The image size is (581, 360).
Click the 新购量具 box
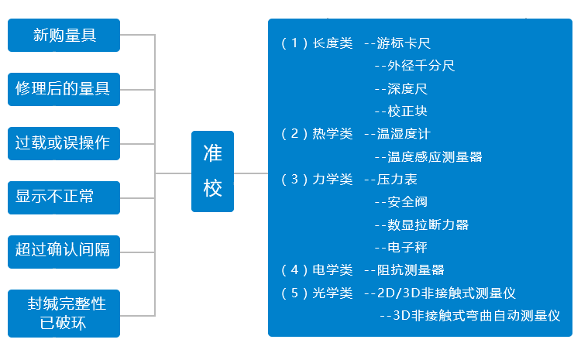[x=64, y=35]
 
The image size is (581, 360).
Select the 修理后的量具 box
[x=64, y=89]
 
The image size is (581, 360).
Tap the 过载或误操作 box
[x=64, y=143]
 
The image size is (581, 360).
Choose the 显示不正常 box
[x=64, y=197]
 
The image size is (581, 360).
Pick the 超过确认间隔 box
[x=64, y=251]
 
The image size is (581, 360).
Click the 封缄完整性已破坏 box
[x=64, y=313]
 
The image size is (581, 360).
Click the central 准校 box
[x=212, y=171]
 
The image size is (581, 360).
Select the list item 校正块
[x=407, y=111]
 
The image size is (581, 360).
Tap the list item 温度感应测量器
[x=435, y=157]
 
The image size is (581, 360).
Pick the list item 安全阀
[x=407, y=202]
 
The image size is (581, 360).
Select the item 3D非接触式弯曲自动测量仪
[x=476, y=316]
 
